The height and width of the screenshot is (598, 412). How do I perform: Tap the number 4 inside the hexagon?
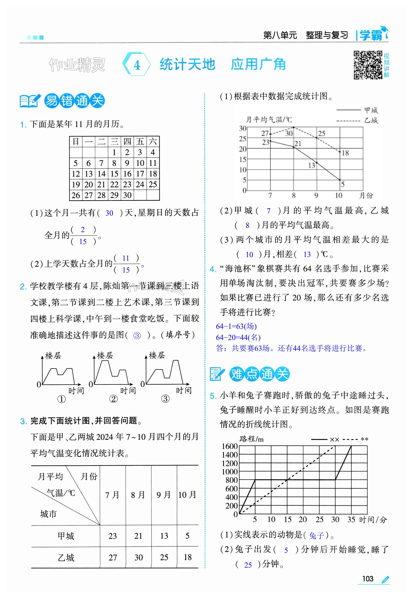coord(137,65)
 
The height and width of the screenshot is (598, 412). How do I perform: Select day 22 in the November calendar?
coord(114,184)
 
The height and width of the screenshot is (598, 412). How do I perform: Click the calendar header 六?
coord(153,142)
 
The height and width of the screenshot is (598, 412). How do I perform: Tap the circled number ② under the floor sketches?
coord(113,399)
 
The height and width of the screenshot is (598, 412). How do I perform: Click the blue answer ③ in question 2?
coord(137,336)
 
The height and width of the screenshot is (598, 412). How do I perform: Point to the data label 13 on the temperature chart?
coord(312,165)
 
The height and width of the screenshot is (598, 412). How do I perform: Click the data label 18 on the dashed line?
coord(345,153)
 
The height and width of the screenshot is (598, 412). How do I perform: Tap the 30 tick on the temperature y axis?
coord(242,128)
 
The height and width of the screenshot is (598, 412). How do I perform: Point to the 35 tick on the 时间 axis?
coord(351,519)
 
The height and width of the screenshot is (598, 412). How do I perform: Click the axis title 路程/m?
coord(251,439)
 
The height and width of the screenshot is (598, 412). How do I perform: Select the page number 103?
coord(368,579)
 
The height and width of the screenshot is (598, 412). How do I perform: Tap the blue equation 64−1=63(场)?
coord(236,326)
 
